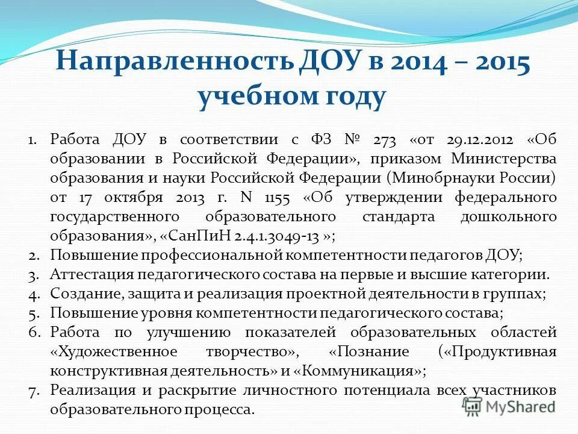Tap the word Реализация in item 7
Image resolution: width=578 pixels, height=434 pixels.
[87, 389]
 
